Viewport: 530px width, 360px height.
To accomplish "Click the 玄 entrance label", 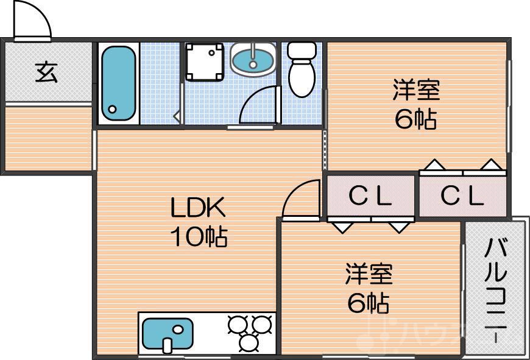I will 46,72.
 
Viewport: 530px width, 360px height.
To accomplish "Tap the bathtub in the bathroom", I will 118,84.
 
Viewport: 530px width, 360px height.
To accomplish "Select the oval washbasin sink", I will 253,60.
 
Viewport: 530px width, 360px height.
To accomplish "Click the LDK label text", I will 198,209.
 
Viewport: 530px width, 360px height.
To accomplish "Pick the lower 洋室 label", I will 369,274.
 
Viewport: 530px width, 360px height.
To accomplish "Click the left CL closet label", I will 370,196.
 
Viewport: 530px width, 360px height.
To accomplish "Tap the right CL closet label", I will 462,196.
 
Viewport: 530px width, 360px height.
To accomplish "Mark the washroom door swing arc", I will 259,107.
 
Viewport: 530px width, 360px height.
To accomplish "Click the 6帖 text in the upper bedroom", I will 416,119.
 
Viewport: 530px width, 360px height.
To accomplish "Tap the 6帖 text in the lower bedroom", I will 369,302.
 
